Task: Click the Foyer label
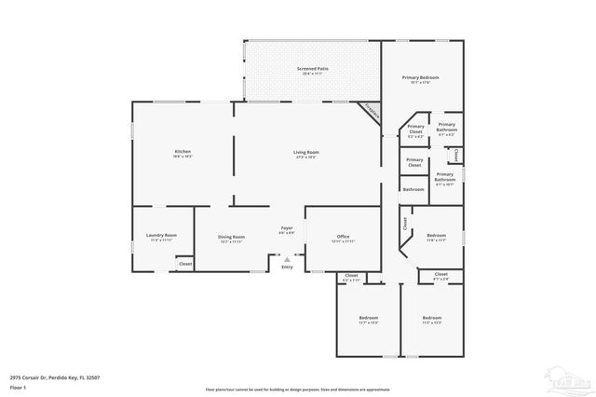coord(287,227)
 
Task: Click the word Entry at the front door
coord(287,267)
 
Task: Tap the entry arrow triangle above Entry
coord(287,260)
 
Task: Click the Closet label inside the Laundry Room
coord(185,265)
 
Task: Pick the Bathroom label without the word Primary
coord(413,189)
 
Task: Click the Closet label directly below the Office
coord(351,276)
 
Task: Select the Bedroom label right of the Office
coord(436,235)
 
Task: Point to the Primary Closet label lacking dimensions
coord(414,162)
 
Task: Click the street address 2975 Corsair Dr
coord(55,376)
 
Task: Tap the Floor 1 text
coord(18,387)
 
